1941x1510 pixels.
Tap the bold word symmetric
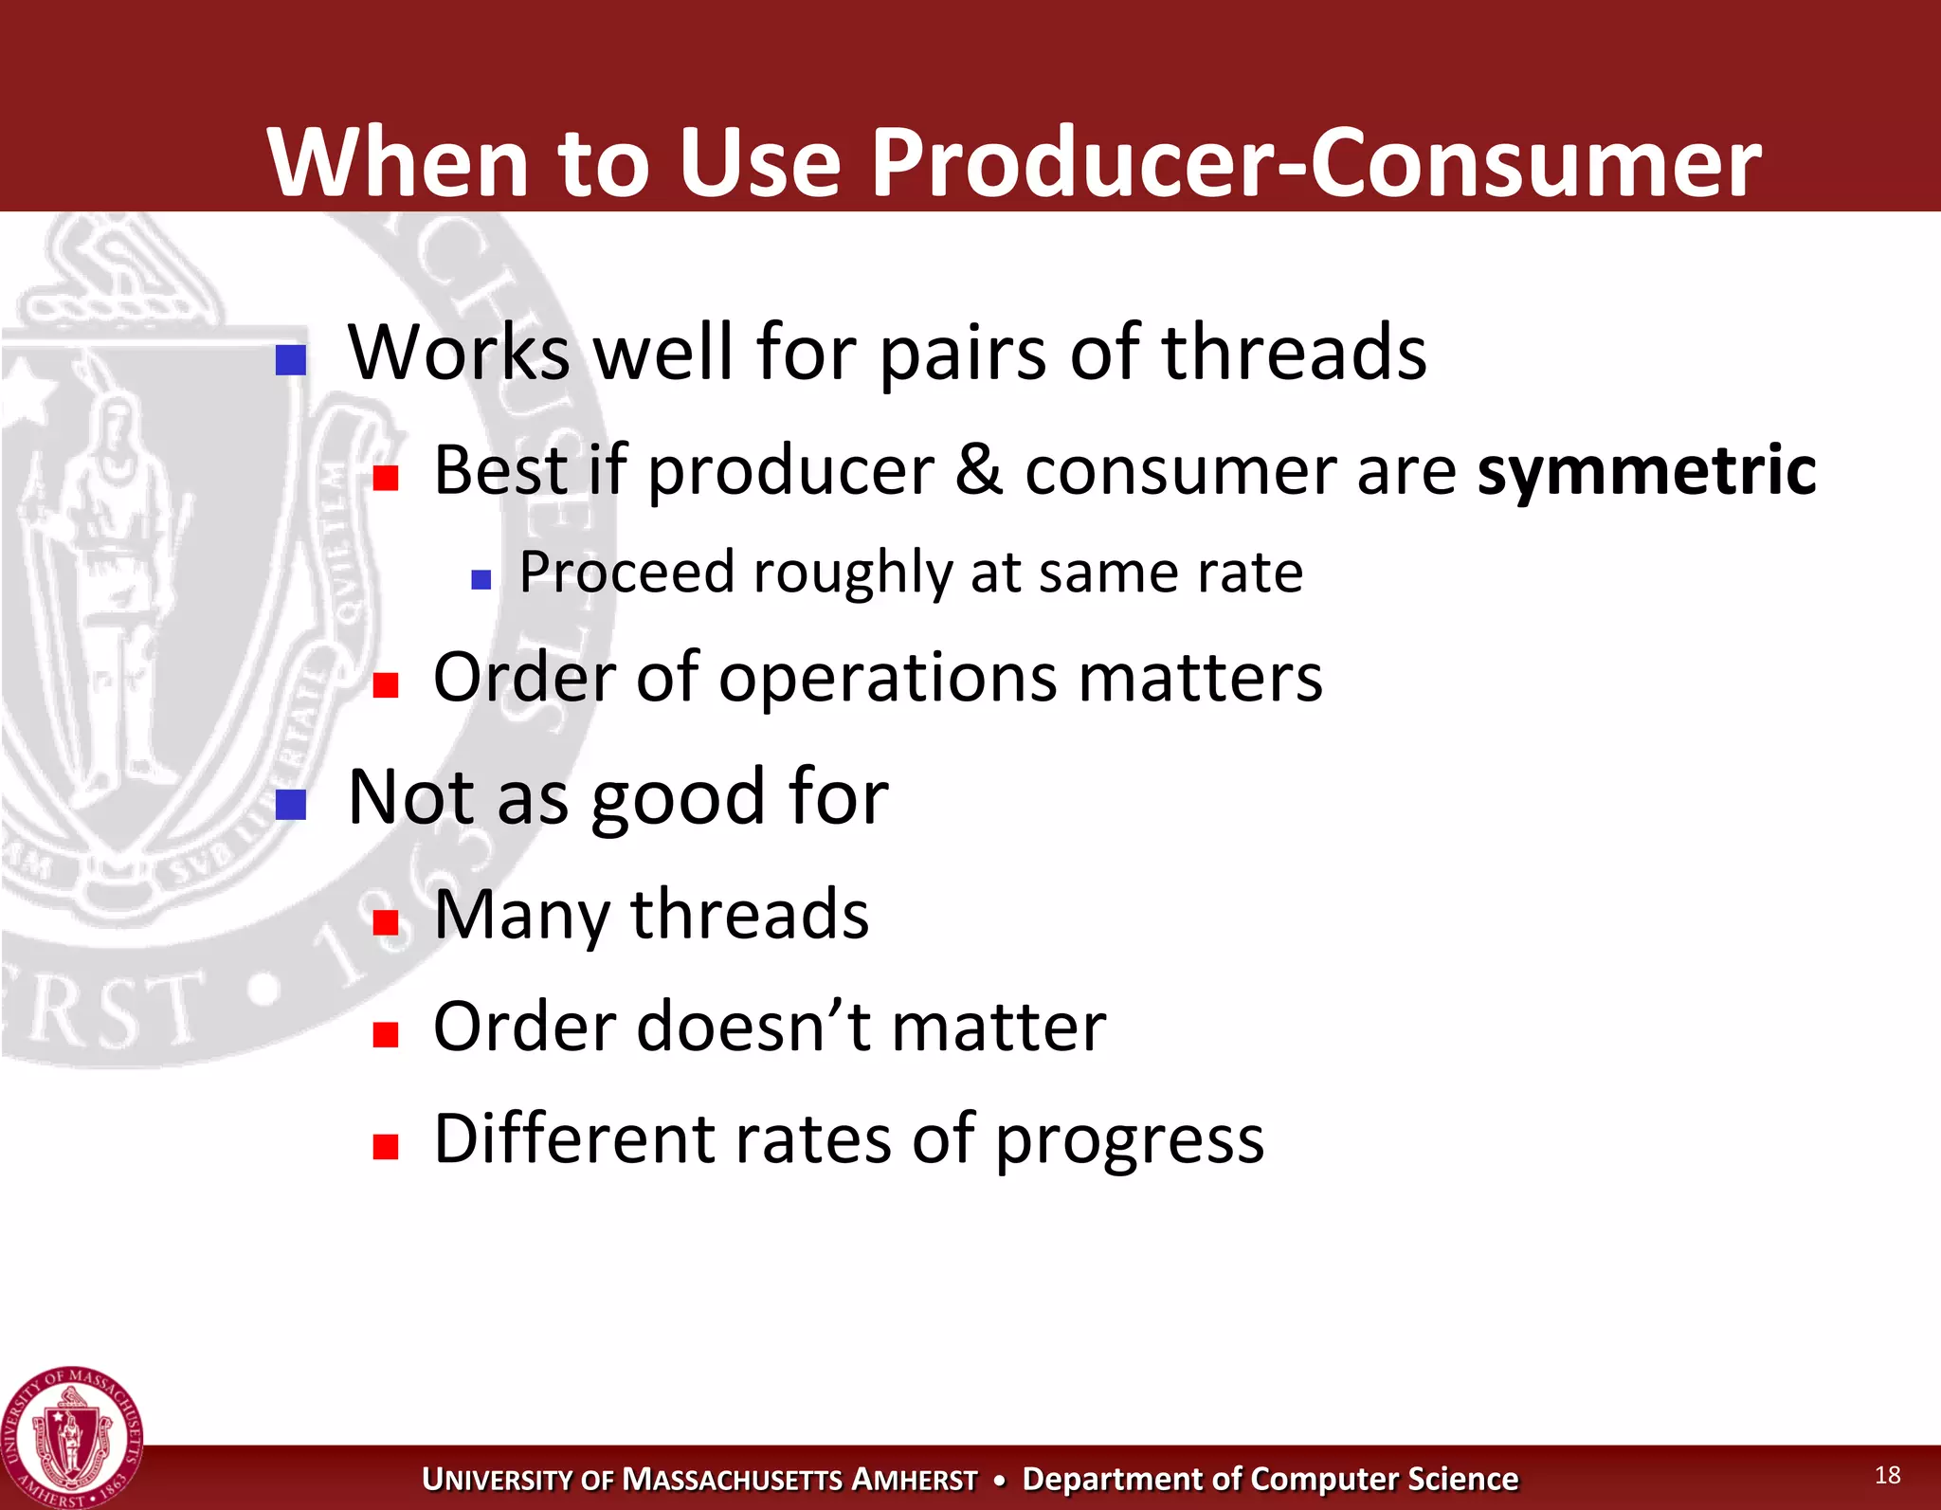tap(1646, 470)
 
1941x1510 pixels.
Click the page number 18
tap(1887, 1475)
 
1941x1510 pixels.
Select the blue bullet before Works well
tap(290, 360)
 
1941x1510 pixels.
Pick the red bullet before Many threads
tap(385, 922)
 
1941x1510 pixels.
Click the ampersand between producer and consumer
tap(978, 470)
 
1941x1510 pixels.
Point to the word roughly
tap(852, 573)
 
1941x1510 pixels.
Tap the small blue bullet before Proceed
tap(481, 579)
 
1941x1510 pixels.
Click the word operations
tap(887, 679)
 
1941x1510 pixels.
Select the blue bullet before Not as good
tap(290, 805)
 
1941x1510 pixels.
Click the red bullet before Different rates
tap(385, 1147)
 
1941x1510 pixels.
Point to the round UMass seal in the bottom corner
tap(71, 1437)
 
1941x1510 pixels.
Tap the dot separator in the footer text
tap(999, 1481)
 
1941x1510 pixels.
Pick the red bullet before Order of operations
tap(385, 684)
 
